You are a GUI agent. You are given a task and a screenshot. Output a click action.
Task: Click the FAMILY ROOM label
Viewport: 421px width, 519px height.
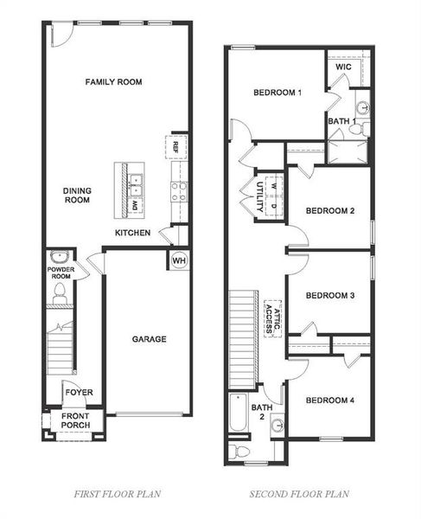pos(113,82)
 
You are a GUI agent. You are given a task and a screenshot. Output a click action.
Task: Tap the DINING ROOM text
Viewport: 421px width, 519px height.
pos(77,195)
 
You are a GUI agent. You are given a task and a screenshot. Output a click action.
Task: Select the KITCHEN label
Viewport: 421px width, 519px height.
pos(133,233)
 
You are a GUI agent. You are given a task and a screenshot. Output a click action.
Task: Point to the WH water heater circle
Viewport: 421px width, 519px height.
pos(179,260)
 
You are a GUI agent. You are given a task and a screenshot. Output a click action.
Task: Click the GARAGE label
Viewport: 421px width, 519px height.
pos(150,339)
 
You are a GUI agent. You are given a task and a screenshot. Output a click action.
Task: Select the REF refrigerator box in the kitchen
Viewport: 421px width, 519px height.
pos(175,144)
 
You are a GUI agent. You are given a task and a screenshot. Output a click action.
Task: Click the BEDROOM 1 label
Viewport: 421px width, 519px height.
pos(277,93)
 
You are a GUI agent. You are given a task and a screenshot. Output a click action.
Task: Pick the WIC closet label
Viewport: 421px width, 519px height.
pos(343,66)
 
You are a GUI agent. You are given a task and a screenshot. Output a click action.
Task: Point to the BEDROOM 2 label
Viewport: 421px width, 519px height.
pos(330,210)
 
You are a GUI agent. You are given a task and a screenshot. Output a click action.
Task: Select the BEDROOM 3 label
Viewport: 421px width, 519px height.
pos(330,294)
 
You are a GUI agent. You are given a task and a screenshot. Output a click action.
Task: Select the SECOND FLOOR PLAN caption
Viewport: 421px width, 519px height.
pos(300,494)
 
